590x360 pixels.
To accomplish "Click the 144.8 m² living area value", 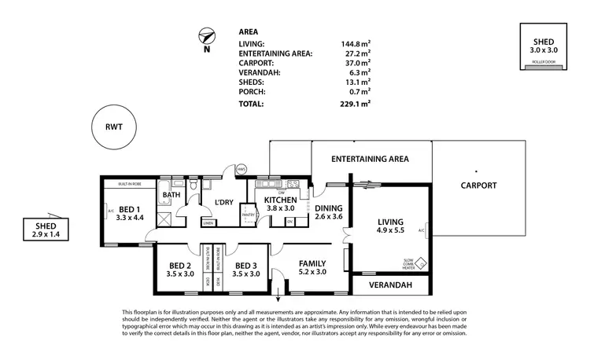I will pos(352,44).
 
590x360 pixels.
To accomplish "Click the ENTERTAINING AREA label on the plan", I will pos(370,159).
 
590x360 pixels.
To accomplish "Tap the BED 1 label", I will pos(129,211).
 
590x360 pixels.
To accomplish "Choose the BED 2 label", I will pos(180,269).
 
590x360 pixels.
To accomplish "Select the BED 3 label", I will pos(246,269).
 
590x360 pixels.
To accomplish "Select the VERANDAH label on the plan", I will pos(391,285).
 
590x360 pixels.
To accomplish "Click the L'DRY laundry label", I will pos(226,202).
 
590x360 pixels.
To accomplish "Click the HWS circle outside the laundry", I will pos(242,170).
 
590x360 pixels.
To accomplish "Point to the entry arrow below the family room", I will pos(278,298).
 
